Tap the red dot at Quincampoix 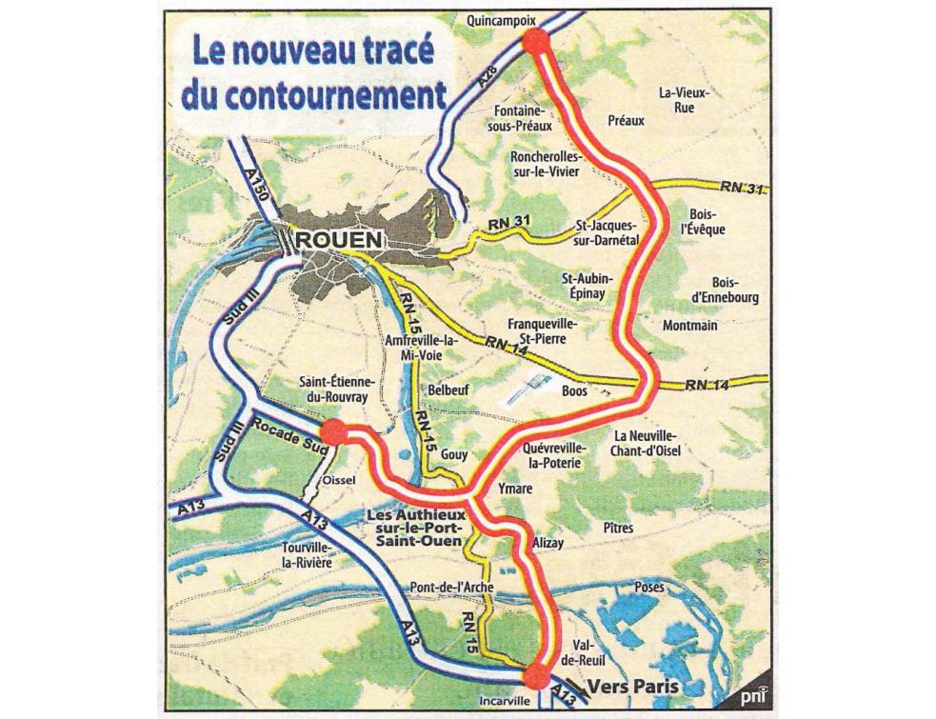[536, 39]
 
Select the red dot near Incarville [536, 675]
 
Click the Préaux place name [626, 121]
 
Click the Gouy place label [454, 454]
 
